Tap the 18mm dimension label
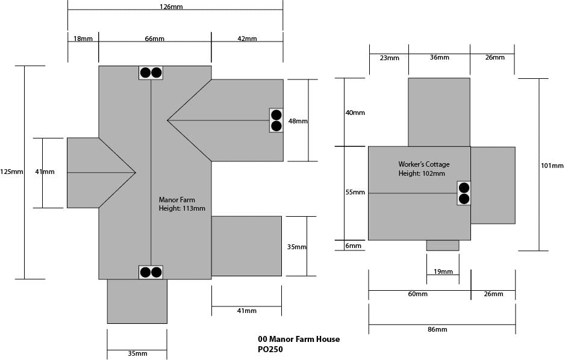(83, 39)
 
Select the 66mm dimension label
(154, 39)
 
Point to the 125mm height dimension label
(12, 172)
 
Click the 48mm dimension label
(298, 121)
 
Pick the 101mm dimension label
(552, 166)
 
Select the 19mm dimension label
(443, 272)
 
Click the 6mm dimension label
(354, 246)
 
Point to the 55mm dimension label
(355, 193)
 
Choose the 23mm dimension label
(389, 58)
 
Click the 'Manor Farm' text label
(176, 200)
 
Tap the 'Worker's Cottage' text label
(423, 164)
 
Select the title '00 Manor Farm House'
(298, 339)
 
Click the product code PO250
(270, 349)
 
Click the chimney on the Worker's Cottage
(464, 193)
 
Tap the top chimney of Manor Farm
(151, 73)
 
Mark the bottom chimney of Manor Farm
(151, 272)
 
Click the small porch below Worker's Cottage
(443, 245)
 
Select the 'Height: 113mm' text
(181, 209)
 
